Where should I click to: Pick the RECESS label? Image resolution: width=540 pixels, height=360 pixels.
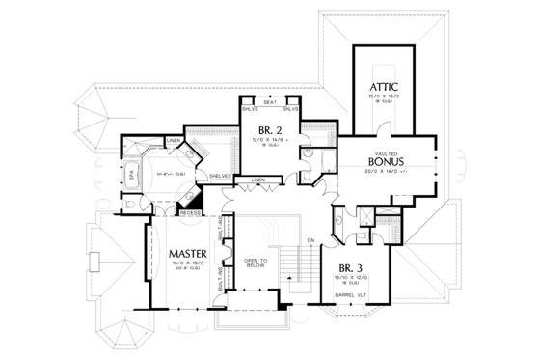pyautogui.click(x=190, y=211)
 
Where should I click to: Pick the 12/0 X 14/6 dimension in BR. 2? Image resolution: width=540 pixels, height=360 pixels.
pyautogui.click(x=271, y=141)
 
